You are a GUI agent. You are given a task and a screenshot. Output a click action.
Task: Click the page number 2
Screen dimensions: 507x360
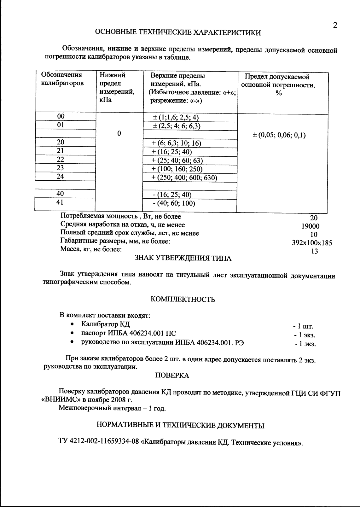pos(335,25)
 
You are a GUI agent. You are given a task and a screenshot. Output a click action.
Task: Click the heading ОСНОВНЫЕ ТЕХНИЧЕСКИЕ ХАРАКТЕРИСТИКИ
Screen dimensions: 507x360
pos(178,32)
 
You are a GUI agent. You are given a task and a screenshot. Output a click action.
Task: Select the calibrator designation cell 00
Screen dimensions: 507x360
pos(61,116)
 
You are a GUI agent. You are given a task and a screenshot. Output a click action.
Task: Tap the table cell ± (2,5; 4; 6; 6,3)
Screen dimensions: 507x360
pos(177,126)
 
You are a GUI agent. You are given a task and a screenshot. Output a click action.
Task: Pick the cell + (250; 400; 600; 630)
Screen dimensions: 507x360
pos(184,178)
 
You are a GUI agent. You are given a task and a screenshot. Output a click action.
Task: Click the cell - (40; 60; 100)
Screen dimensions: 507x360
pos(174,203)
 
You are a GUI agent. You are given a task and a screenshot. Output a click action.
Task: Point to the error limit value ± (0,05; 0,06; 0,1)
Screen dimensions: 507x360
pos(279,136)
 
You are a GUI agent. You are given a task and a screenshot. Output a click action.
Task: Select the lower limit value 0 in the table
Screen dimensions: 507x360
pos(119,133)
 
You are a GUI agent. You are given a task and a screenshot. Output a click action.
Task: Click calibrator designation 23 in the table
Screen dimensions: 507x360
pos(60,168)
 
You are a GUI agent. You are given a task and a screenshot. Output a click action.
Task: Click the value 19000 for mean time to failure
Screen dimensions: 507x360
pos(311,226)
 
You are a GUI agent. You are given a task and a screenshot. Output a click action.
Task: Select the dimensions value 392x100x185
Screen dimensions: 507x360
pos(312,243)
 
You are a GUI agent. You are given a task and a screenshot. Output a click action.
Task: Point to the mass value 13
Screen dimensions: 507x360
pos(314,252)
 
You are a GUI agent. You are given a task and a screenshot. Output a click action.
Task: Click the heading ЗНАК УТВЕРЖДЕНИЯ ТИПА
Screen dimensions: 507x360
pos(183,259)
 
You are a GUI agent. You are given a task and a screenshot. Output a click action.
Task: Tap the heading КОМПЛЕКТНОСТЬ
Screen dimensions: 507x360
pos(183,300)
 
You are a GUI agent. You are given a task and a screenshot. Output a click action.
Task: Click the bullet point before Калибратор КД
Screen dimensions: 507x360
pos(73,324)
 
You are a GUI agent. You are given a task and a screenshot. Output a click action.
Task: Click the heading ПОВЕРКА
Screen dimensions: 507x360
pos(172,376)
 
